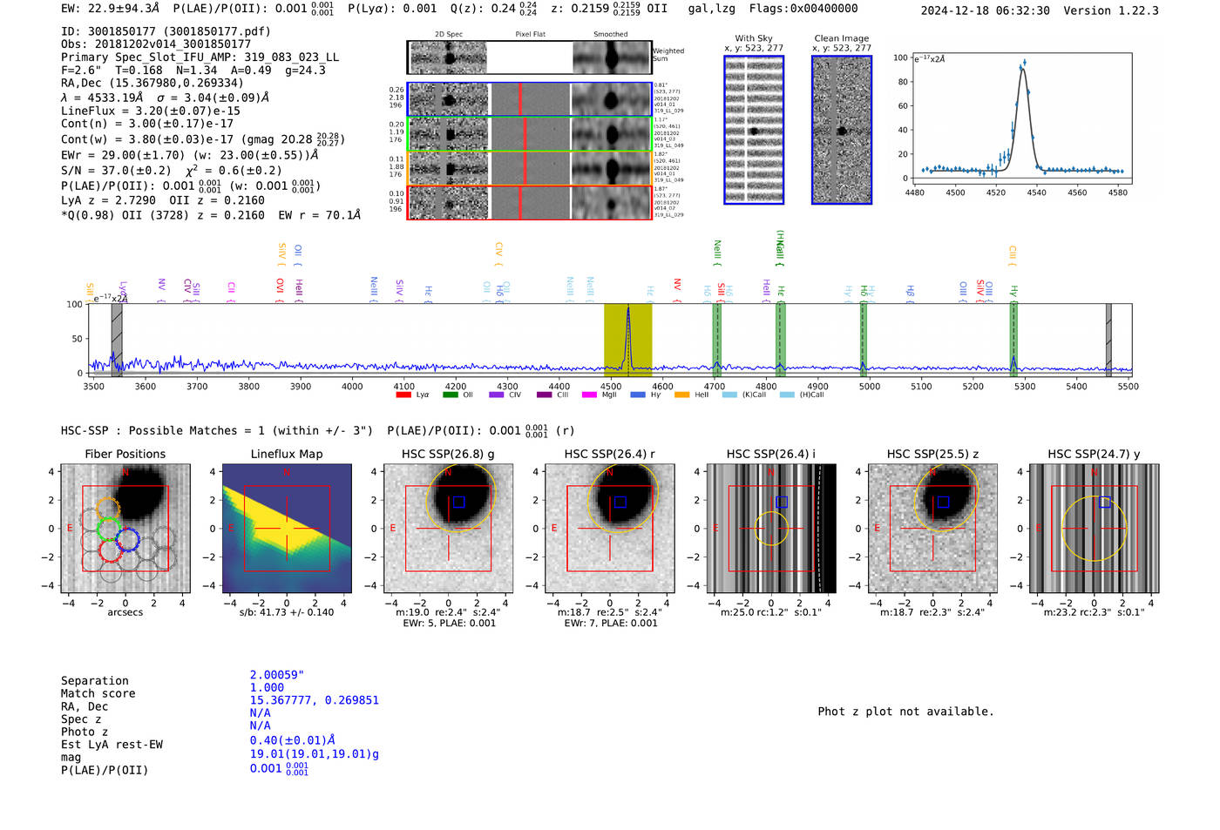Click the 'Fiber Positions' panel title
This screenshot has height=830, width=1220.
coord(125,454)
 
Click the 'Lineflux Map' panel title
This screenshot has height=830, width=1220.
coord(286,454)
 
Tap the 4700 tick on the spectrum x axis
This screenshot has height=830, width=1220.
coord(715,386)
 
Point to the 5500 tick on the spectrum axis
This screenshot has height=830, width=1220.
coord(1128,386)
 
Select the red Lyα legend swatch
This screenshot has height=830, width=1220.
coord(403,395)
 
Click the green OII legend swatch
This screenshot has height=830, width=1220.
coord(451,395)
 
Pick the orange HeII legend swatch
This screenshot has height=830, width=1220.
coord(681,395)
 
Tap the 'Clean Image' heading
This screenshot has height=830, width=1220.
coord(841,38)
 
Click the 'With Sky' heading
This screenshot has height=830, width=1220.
coord(754,38)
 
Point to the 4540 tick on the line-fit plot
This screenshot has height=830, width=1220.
coord(1036,192)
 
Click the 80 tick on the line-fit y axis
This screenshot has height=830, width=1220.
coord(902,82)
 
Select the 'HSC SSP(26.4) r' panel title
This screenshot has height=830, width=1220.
coord(609,454)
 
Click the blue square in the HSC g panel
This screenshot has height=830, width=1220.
coord(458,502)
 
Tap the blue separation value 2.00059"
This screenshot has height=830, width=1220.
coord(277,675)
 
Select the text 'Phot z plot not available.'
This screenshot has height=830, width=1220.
coord(905,712)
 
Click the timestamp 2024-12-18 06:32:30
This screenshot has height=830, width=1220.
coord(985,10)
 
